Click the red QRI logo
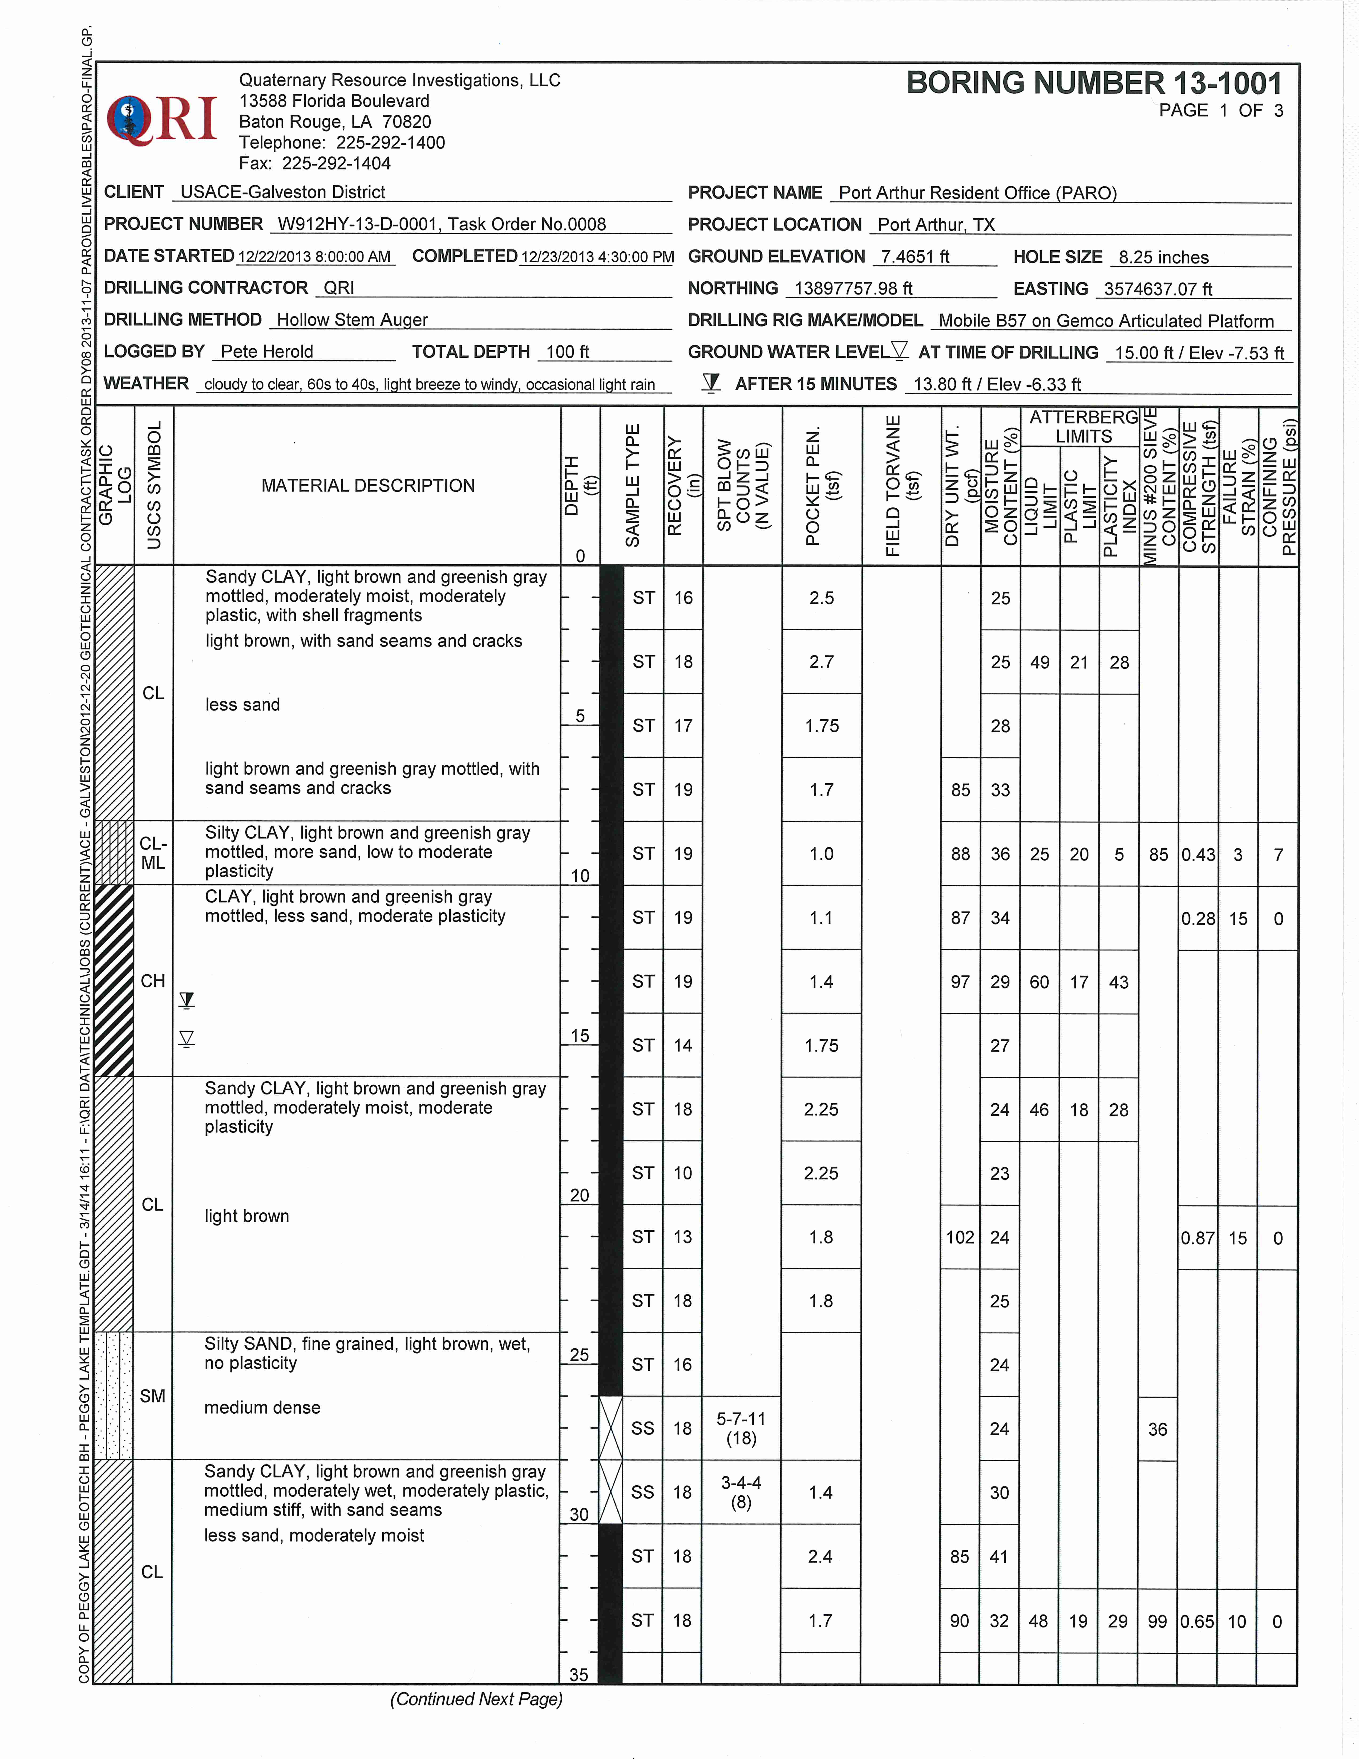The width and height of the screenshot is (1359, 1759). tap(163, 119)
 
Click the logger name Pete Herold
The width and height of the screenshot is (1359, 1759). tap(266, 352)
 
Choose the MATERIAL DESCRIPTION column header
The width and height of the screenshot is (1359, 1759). tap(368, 486)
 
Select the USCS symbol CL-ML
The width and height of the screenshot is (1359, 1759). tap(153, 853)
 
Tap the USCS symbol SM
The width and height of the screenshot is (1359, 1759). tap(152, 1396)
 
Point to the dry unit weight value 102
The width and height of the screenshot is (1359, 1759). tap(960, 1237)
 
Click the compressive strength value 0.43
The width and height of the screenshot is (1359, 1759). tap(1198, 854)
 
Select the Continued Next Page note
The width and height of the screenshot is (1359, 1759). tap(476, 1699)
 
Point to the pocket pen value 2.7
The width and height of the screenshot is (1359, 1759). tap(821, 662)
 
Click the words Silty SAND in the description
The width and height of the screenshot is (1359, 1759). tap(250, 1344)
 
